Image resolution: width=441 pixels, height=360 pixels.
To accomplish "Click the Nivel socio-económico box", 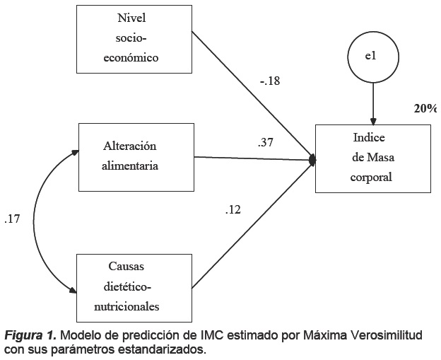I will click(133, 39).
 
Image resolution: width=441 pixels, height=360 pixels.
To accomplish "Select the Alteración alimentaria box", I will click(135, 157).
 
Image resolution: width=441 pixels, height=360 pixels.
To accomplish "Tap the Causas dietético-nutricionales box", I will click(135, 286).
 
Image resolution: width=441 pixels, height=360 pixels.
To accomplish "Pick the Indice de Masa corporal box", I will click(372, 158).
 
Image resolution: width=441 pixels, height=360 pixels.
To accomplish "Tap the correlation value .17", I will click(12, 219).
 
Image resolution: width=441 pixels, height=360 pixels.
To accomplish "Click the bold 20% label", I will click(425, 108).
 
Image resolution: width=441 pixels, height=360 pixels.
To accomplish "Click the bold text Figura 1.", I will click(28, 335).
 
